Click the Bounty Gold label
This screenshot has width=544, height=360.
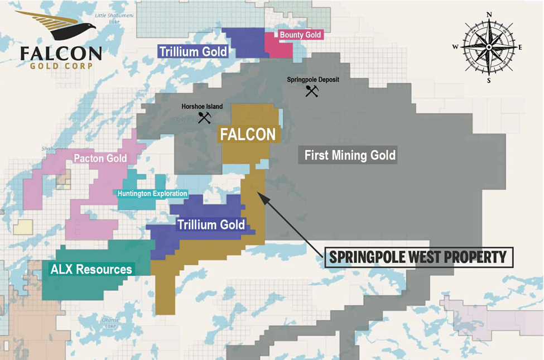pos(300,35)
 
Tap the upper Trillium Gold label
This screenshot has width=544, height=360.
pos(193,52)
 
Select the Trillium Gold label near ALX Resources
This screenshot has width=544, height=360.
pos(211,225)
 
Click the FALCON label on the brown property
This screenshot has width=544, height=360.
pos(248,135)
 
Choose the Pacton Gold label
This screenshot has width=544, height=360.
pos(100,159)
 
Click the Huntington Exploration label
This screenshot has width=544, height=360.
pos(152,194)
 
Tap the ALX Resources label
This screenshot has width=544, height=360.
pos(91,270)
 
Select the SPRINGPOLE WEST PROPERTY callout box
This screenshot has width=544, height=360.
pos(418,257)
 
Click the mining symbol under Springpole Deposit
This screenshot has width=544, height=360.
pos(311,90)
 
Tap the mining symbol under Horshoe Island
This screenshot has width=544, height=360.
pos(204,117)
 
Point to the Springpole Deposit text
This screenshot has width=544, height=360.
pos(313,80)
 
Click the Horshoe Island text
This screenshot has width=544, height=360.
pos(202,107)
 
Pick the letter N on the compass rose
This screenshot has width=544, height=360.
pos(489,15)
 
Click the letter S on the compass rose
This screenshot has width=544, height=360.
pos(489,80)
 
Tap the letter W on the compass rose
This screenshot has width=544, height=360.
pos(455,47)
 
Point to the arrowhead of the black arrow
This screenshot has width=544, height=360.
pos(258,190)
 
